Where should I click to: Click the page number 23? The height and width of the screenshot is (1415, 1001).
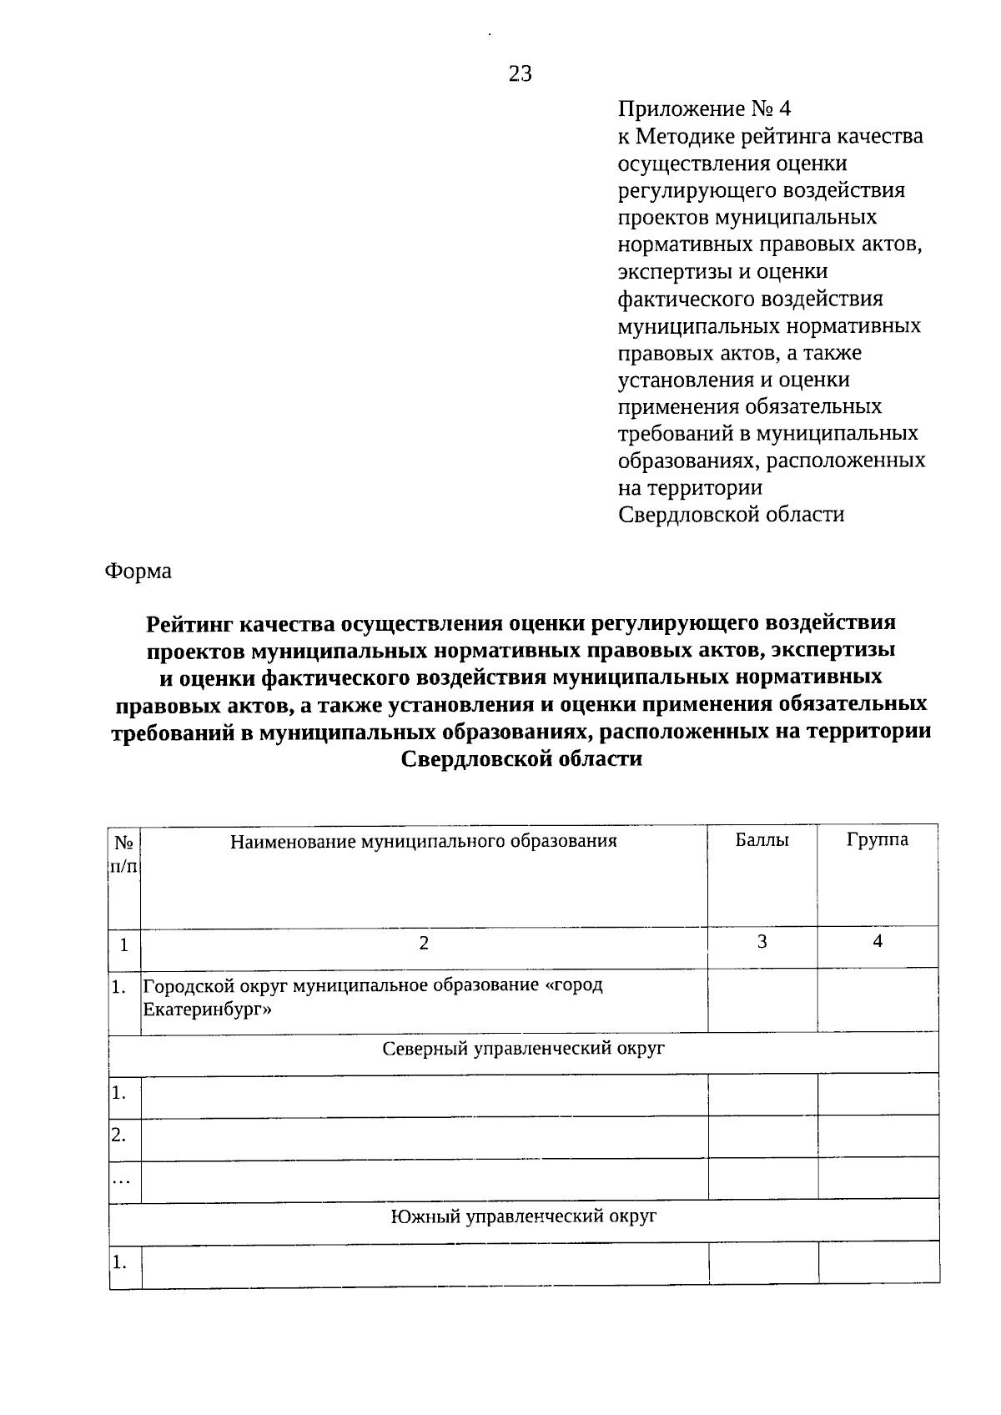[x=520, y=74]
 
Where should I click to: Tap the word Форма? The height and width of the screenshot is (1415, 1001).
[x=138, y=572]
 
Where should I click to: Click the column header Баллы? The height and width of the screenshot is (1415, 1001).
[x=762, y=839]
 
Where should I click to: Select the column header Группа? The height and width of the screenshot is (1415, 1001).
[x=877, y=839]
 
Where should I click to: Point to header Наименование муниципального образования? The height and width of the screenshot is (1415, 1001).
[x=424, y=840]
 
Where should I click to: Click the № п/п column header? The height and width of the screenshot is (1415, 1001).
[x=124, y=854]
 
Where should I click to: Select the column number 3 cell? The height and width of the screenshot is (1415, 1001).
[x=762, y=942]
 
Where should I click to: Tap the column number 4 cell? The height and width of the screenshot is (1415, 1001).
[x=877, y=941]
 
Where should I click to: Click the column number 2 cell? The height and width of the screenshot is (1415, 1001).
[x=424, y=944]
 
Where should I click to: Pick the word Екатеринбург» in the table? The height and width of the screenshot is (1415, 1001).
[x=208, y=1010]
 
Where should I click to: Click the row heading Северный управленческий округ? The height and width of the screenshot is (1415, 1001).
[x=523, y=1049]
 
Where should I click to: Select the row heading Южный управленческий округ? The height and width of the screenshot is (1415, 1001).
[x=523, y=1216]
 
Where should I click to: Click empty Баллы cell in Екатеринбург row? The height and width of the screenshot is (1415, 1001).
[x=762, y=999]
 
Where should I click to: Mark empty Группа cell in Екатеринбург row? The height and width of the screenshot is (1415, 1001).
[x=877, y=999]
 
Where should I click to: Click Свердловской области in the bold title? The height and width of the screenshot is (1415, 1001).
[x=521, y=759]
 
